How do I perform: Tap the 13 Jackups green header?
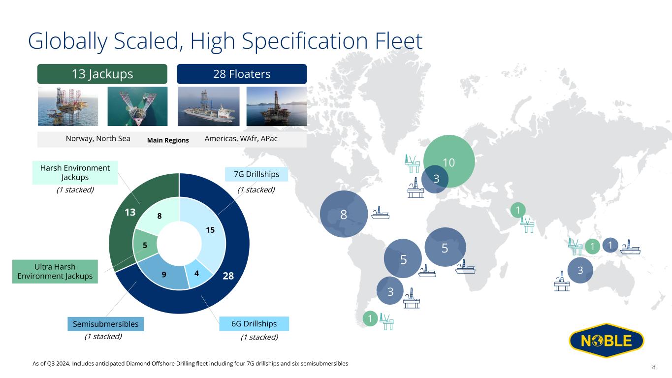click(x=102, y=74)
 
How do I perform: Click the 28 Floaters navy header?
click(x=241, y=74)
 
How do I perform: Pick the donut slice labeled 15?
click(x=207, y=231)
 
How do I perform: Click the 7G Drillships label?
click(x=256, y=174)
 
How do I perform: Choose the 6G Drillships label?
click(x=254, y=324)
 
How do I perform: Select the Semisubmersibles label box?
click(x=106, y=324)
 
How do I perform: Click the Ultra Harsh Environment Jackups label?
click(x=55, y=272)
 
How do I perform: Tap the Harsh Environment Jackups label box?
click(x=75, y=172)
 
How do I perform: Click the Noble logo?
click(x=606, y=341)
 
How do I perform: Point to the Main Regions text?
click(x=168, y=140)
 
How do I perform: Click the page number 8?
click(x=654, y=367)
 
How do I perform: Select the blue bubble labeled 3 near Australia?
click(x=580, y=270)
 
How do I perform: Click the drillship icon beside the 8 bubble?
click(x=381, y=213)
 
